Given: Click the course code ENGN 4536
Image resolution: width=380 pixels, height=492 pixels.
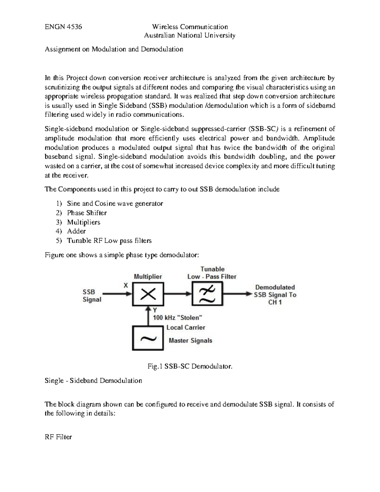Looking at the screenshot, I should click(x=63, y=27).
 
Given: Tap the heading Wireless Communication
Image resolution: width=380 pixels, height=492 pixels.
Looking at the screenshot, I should click(x=190, y=27).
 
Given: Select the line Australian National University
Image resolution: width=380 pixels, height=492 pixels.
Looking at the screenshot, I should click(x=190, y=35).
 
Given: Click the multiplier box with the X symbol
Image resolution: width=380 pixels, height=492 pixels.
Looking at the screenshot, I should click(x=148, y=294).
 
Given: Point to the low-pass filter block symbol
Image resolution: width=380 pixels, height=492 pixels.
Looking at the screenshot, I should click(x=207, y=294).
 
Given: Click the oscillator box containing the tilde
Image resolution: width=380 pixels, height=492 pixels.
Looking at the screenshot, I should click(x=148, y=339).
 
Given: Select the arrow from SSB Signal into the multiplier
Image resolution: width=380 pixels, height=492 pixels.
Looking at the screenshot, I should click(x=117, y=294).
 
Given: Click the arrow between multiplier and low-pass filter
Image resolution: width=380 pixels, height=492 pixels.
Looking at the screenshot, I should click(x=178, y=294).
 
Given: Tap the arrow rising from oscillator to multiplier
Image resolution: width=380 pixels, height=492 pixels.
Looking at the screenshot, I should click(x=148, y=315).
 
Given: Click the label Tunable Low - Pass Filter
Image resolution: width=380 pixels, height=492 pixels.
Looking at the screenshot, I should click(x=212, y=273).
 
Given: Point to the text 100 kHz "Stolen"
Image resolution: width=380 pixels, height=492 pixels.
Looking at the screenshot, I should click(x=178, y=317).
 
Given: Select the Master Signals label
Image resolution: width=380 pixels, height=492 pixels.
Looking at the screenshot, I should click(x=190, y=341).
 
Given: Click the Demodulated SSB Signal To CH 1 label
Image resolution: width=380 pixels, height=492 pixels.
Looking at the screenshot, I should click(x=275, y=295).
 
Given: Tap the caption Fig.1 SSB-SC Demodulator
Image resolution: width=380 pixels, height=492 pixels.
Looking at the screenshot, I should click(x=190, y=367).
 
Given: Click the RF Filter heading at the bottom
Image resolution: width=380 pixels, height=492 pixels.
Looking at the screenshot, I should click(x=58, y=437).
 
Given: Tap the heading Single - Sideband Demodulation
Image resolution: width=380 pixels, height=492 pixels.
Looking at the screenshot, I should click(x=93, y=380).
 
